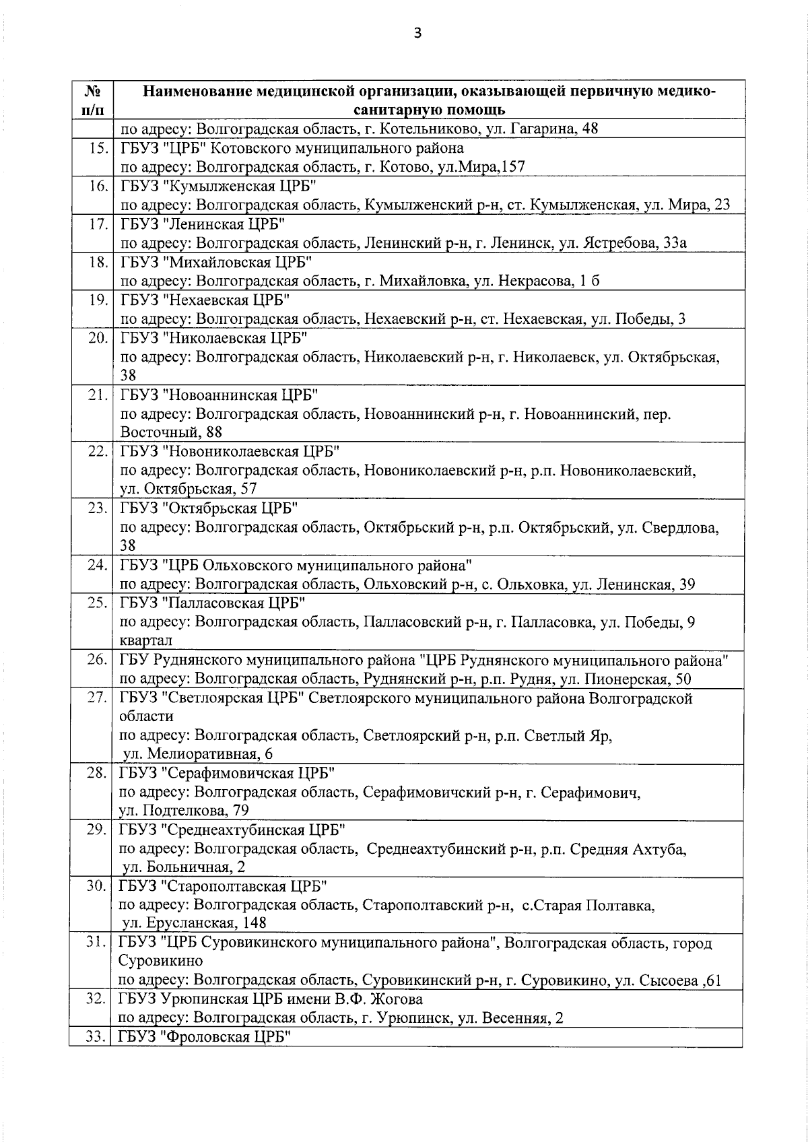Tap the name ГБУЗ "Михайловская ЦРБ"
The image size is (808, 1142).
pos(216,262)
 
